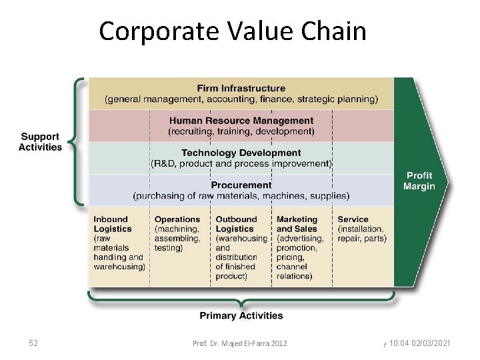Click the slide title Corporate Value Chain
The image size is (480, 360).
click(x=233, y=31)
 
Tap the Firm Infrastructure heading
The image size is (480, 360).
click(x=241, y=88)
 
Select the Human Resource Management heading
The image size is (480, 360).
click(x=241, y=121)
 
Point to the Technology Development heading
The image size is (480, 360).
click(x=241, y=153)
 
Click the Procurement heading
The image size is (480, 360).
click(x=241, y=185)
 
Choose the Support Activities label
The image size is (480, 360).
click(x=40, y=142)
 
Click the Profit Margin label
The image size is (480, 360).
click(x=419, y=181)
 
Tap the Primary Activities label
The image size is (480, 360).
click(x=241, y=315)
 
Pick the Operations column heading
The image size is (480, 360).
click(x=177, y=219)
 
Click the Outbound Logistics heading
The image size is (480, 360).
click(x=236, y=224)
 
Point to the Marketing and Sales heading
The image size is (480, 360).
click(x=297, y=224)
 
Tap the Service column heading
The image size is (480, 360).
click(x=353, y=219)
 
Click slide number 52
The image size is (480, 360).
click(x=33, y=343)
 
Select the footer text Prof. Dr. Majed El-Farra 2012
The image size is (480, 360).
click(x=239, y=343)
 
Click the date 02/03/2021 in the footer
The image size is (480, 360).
click(x=430, y=343)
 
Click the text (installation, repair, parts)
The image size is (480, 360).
click(x=362, y=233)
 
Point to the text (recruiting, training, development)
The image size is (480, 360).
click(x=241, y=131)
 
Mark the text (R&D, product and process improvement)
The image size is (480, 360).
click(x=241, y=163)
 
